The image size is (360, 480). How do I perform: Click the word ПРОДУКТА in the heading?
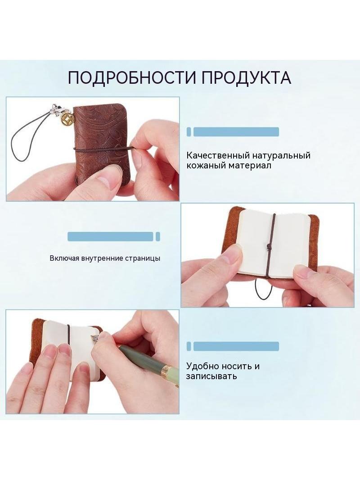pos(246,77)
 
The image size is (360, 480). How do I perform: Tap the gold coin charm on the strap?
pos(66,119)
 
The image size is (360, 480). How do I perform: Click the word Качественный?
pos(218,155)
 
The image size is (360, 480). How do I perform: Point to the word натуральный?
pos(281,156)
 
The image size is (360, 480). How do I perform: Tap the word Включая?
pos(64,258)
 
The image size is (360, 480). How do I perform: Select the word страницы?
pos(143,258)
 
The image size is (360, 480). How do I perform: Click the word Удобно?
pos(202,366)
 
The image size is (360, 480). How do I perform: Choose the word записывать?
pos(211,376)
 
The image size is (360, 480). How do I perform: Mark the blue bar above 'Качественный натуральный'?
pos(236,132)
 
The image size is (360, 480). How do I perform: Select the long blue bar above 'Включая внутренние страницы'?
pos(110,237)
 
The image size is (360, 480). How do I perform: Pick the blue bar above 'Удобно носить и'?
pos(236,346)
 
